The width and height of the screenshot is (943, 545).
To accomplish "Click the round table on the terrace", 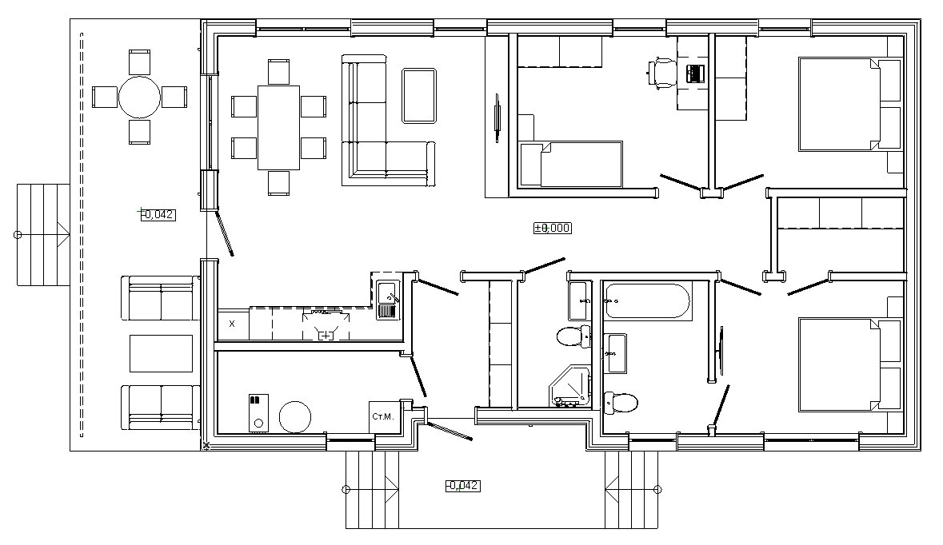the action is [139, 97].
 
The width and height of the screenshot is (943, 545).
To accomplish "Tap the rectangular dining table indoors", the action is [278, 127].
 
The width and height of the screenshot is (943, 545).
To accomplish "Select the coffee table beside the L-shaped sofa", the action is [419, 96].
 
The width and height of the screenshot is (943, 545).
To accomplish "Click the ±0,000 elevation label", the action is [552, 228].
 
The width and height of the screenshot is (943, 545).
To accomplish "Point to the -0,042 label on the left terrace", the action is [158, 214].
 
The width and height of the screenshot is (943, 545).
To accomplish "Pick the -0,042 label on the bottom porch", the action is [463, 486].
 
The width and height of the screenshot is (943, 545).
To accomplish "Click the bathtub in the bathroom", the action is [646, 300].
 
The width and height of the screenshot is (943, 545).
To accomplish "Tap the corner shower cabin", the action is [569, 386].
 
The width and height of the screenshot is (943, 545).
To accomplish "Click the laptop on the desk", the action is [694, 74].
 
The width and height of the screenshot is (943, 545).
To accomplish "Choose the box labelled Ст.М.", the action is [383, 416].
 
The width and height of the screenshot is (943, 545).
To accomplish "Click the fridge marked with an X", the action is [232, 324].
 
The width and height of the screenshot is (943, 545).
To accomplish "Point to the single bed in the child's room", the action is [570, 164].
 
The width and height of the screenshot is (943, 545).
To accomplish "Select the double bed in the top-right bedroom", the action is [849, 103].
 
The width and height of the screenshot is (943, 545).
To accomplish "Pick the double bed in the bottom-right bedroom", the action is [849, 364].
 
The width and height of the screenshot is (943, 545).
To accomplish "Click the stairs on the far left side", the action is [43, 234].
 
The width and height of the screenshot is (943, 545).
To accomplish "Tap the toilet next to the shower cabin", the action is [574, 336].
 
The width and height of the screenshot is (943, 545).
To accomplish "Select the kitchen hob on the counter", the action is [326, 325].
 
